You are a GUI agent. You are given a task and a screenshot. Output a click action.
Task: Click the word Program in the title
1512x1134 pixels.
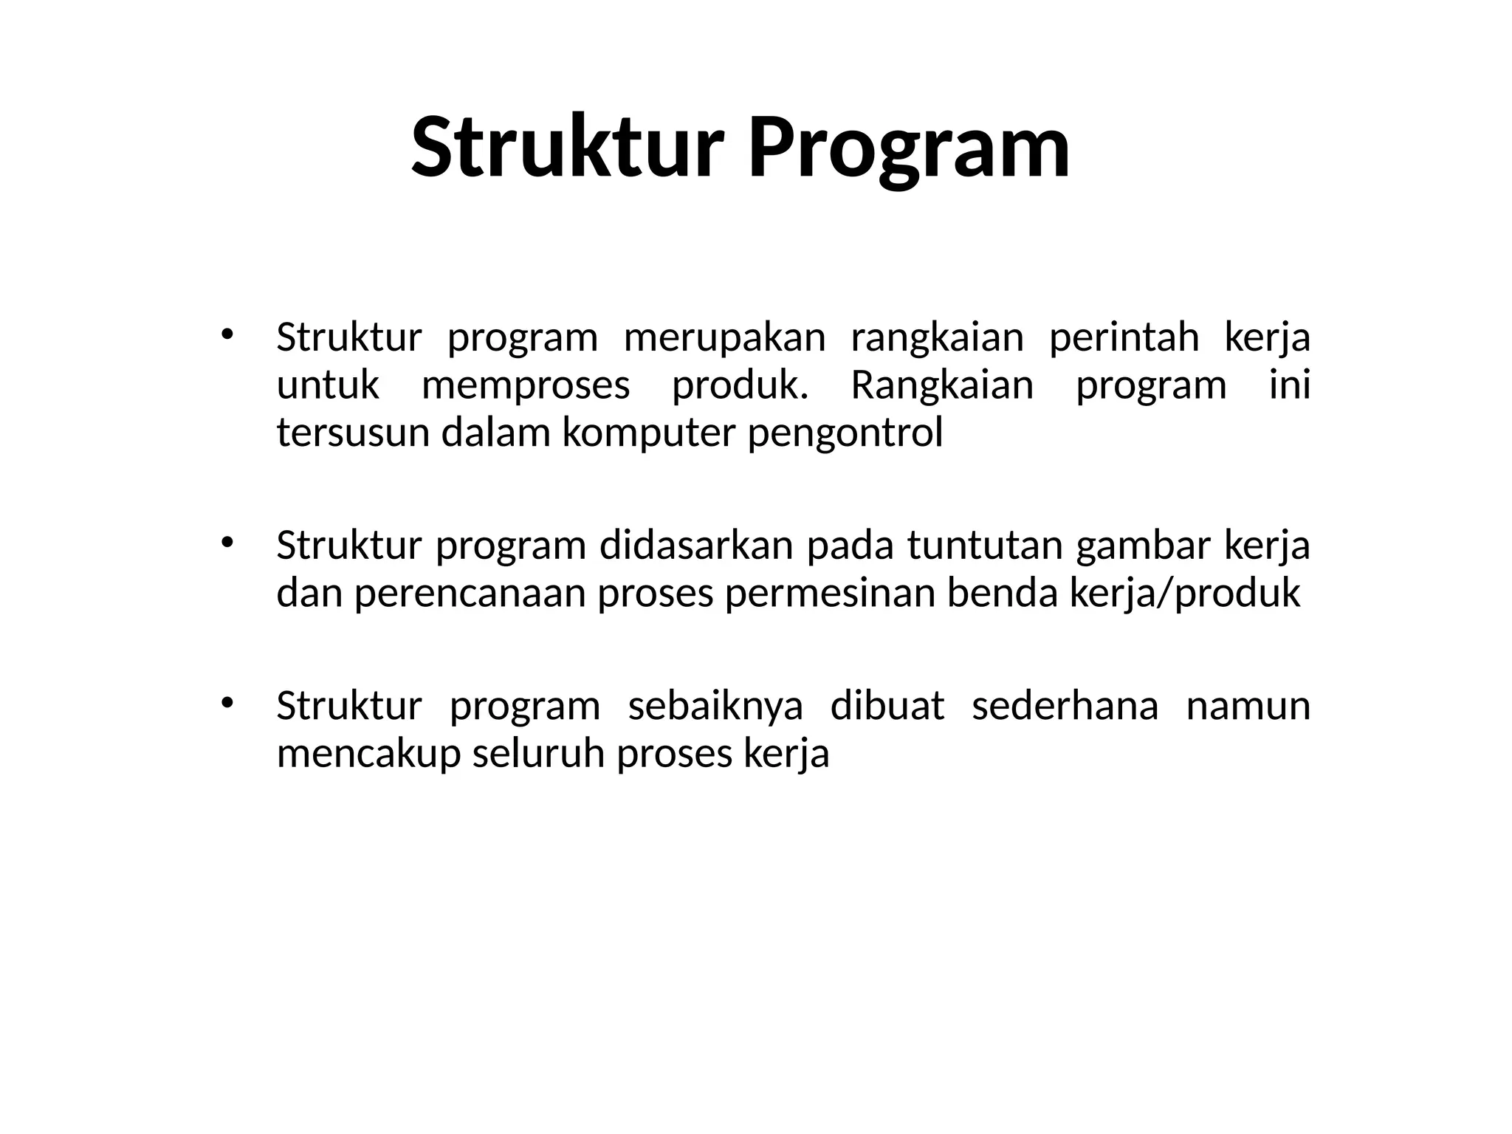[x=908, y=148]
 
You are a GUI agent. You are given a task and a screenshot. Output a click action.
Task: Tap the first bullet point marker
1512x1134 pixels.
[x=227, y=334]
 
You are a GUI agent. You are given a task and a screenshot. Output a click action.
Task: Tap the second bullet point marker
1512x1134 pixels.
[x=227, y=542]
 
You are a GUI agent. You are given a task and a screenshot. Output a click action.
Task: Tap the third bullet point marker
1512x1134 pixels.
[x=227, y=701]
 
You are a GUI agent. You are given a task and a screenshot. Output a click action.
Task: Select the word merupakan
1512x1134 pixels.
[x=724, y=338]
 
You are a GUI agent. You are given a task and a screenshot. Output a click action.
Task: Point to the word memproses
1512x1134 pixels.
[x=526, y=386]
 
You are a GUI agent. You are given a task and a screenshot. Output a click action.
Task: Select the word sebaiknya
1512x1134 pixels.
[x=715, y=707]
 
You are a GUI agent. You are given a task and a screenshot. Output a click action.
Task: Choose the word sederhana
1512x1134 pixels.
[x=1065, y=707]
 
